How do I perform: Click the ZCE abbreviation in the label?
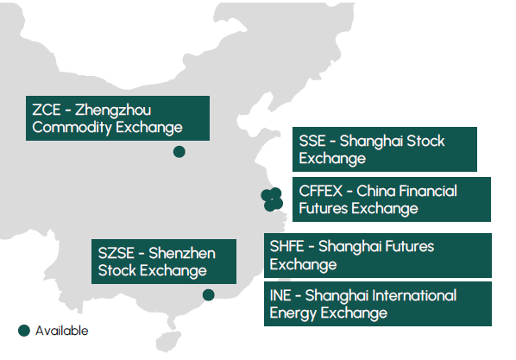click(47, 110)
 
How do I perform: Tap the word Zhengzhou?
click(113, 111)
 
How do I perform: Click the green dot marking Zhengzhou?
click(179, 152)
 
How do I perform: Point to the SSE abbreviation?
click(312, 141)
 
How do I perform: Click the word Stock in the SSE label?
click(425, 141)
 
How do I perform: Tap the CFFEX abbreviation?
click(320, 191)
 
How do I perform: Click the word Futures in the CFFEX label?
click(324, 209)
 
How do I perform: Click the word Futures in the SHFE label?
click(376, 246)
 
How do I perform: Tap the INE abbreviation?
click(280, 295)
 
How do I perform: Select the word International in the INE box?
click(414, 295)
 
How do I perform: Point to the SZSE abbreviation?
click(116, 253)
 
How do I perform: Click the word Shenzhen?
click(182, 253)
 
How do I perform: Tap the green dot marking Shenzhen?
click(208, 294)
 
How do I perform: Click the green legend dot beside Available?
click(24, 331)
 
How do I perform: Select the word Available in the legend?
click(62, 331)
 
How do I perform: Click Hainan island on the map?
click(168, 342)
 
